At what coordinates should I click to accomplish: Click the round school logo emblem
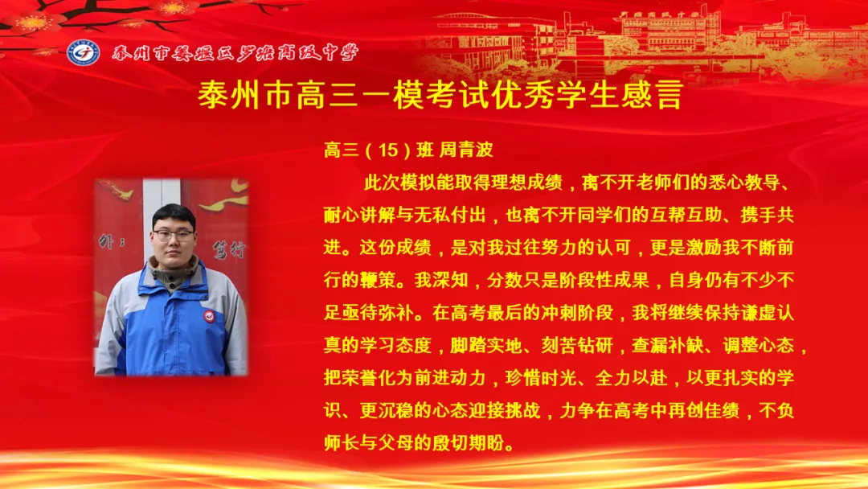click(x=83, y=52)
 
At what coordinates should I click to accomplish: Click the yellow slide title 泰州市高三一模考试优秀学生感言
click(x=440, y=95)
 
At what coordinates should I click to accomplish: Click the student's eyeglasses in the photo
click(x=174, y=236)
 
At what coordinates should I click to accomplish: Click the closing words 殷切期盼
click(x=476, y=443)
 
